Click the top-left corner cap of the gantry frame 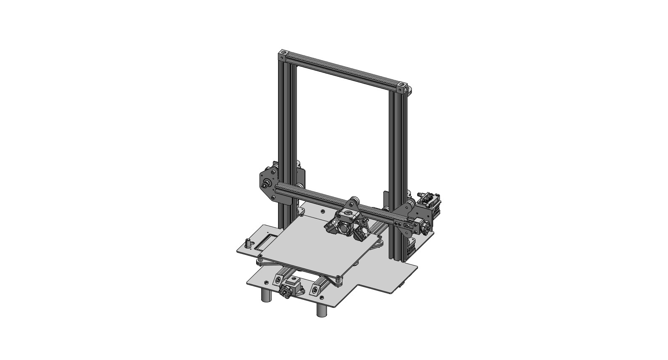[283, 54]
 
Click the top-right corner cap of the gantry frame [403, 88]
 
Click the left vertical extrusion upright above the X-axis [286, 118]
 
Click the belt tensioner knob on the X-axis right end [426, 228]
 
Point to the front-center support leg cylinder [322, 311]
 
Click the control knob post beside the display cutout [247, 243]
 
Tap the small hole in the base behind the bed [322, 211]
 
